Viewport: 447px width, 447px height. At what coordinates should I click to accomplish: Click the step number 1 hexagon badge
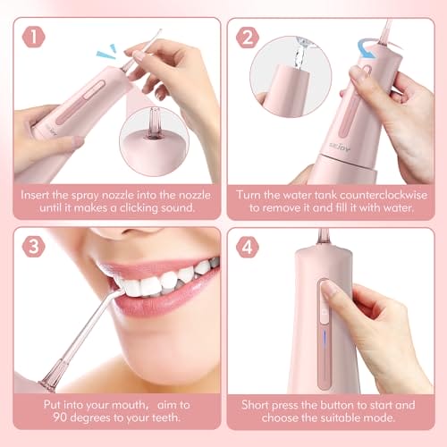coord(33,37)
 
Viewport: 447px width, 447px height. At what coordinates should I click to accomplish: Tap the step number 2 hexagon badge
coord(248,37)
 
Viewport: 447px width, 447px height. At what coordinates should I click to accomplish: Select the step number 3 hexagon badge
coord(33,247)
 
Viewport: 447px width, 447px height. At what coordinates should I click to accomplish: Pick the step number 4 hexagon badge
coord(248,247)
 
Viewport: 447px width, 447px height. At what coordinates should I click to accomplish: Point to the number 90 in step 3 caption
coord(60,417)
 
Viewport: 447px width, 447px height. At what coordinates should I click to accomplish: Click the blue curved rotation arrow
coord(368,48)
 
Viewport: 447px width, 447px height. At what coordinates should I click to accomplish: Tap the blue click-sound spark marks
coord(106,52)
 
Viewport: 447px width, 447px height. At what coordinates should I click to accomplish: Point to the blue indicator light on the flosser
coord(325,340)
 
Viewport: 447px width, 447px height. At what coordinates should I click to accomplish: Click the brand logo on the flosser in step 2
coord(340,147)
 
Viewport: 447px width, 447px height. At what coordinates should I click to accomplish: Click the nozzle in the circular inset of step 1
coord(155,123)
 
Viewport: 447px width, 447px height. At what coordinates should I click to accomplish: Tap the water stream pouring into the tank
coord(299,55)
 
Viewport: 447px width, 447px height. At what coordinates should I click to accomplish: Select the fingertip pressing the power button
coord(330,290)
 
